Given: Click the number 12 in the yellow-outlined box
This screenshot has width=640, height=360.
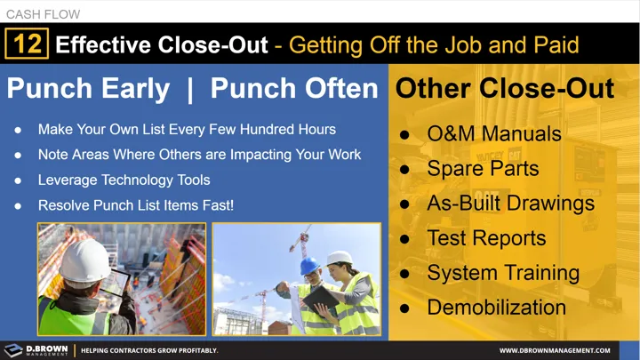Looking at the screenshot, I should pos(27,44).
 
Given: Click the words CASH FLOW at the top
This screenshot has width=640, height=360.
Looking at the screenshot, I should pos(43,14).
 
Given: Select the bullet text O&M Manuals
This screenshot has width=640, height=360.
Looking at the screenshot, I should pos(494,134).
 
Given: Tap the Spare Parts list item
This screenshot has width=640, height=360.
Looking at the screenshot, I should pos(483,168).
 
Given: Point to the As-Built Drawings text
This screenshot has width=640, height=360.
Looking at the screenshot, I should pos(510,203).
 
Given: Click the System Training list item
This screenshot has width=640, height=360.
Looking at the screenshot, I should pos(503,272).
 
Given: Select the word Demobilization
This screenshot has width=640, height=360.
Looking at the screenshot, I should pos(496,308).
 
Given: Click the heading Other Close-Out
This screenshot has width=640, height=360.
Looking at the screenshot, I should pos(504,89).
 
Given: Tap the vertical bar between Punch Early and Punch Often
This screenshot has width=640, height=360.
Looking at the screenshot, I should pos(190,89).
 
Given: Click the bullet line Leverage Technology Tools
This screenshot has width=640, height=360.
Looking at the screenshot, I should pos(124,180).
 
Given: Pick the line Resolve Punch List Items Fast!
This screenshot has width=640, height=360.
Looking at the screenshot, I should pos(136,205).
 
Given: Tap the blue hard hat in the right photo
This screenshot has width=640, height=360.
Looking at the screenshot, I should pos(309,266).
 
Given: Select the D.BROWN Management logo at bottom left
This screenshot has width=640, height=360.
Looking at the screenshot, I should pos(36,350).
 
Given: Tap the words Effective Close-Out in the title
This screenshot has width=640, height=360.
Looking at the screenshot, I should pos(161,44).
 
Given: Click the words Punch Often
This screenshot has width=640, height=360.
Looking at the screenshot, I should pos(293,89).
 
